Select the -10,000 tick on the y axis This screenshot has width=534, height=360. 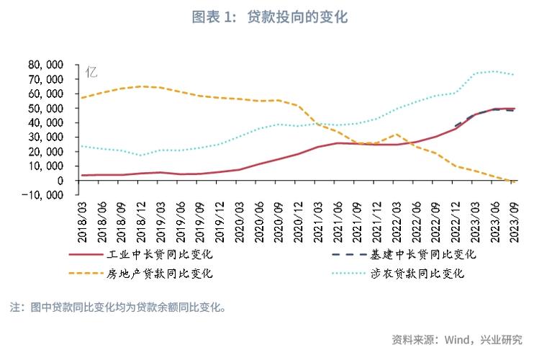pyautogui.click(x=45, y=194)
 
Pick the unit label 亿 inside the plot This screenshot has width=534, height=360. pyautogui.click(x=91, y=72)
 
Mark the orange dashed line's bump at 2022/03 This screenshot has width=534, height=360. pyautogui.click(x=396, y=134)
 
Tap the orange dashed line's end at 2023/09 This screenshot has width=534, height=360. pyautogui.click(x=513, y=181)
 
